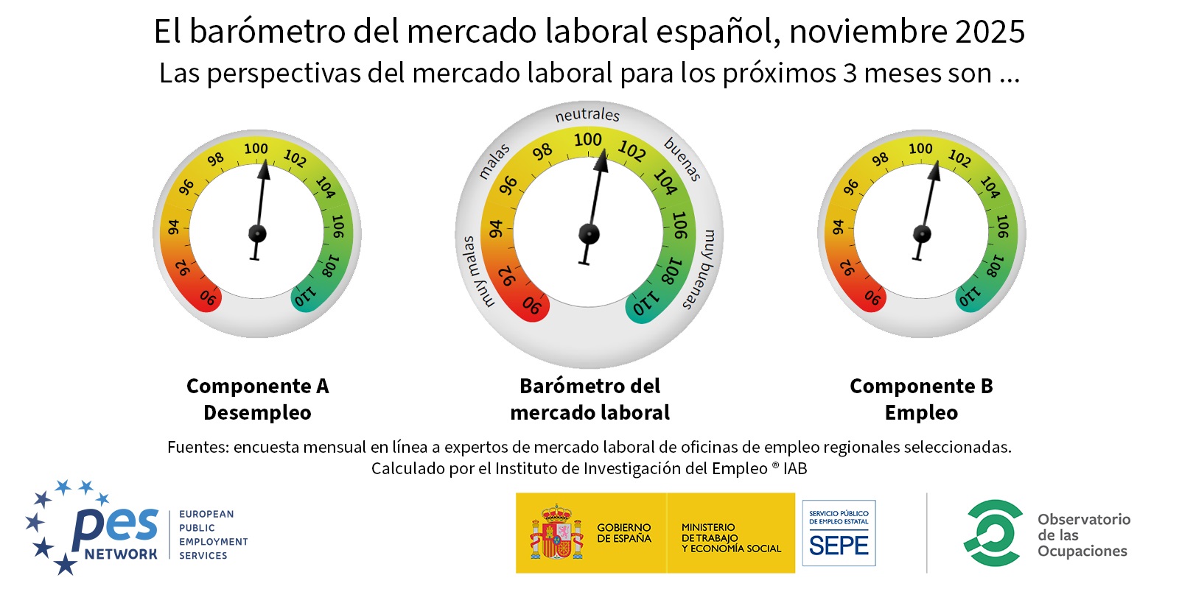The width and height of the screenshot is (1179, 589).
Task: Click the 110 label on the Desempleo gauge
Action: click(x=305, y=296)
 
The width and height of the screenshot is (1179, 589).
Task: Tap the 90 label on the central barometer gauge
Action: click(x=532, y=305)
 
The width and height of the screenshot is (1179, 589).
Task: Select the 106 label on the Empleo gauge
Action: click(x=1002, y=226)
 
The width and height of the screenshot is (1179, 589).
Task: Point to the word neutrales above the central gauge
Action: click(x=587, y=115)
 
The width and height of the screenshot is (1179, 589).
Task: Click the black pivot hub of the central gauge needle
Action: click(x=589, y=234)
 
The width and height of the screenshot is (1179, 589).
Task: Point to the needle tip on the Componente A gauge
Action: click(x=265, y=166)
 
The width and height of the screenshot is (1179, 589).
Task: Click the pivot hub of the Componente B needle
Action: click(x=922, y=234)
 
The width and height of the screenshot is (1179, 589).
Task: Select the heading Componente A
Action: click(x=257, y=386)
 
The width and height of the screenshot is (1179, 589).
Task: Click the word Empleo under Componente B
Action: click(x=921, y=412)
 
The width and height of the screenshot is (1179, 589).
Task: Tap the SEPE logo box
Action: click(x=839, y=533)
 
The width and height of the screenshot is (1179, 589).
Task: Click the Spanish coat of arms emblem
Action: click(x=556, y=533)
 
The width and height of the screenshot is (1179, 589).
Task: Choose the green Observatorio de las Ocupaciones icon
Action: click(x=993, y=533)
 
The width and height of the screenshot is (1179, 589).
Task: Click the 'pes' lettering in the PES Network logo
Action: click(x=116, y=524)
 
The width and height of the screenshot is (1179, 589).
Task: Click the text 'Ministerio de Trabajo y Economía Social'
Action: click(x=730, y=537)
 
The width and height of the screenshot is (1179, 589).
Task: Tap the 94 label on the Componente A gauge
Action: click(x=173, y=227)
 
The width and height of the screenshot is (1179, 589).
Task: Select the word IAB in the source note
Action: click(x=795, y=468)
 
